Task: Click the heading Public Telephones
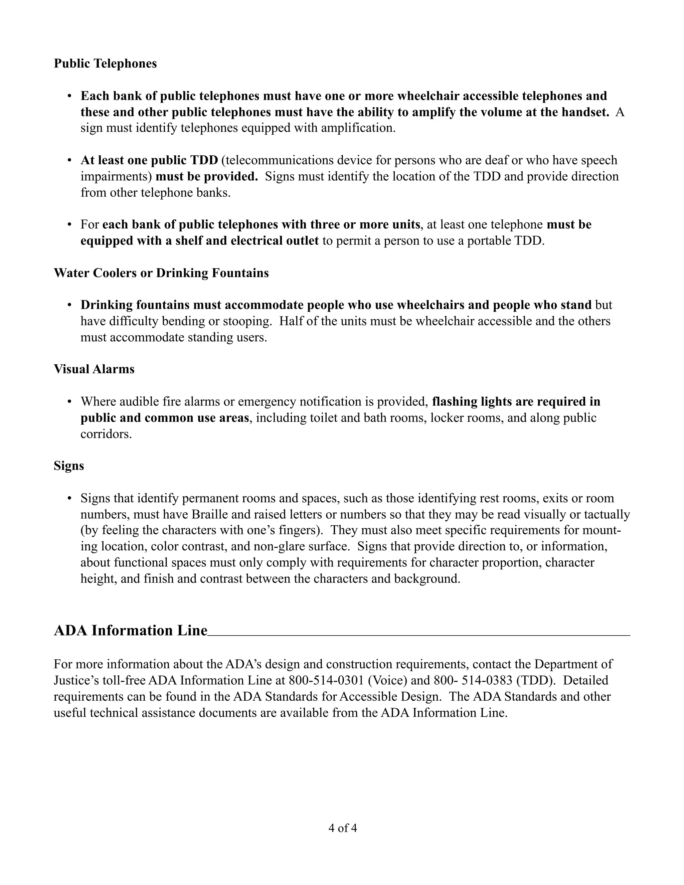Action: [105, 63]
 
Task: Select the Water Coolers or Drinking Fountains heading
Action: [161, 273]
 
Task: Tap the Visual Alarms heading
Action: [94, 369]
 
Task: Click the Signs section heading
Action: [68, 466]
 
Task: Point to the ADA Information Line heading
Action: [131, 631]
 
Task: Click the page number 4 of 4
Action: [342, 828]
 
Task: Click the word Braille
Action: [211, 515]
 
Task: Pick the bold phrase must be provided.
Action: [207, 177]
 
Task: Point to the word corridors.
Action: [106, 434]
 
